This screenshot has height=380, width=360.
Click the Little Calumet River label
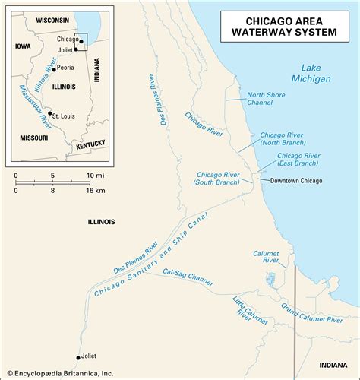[241, 306]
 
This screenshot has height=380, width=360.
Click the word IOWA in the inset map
[23, 46]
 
